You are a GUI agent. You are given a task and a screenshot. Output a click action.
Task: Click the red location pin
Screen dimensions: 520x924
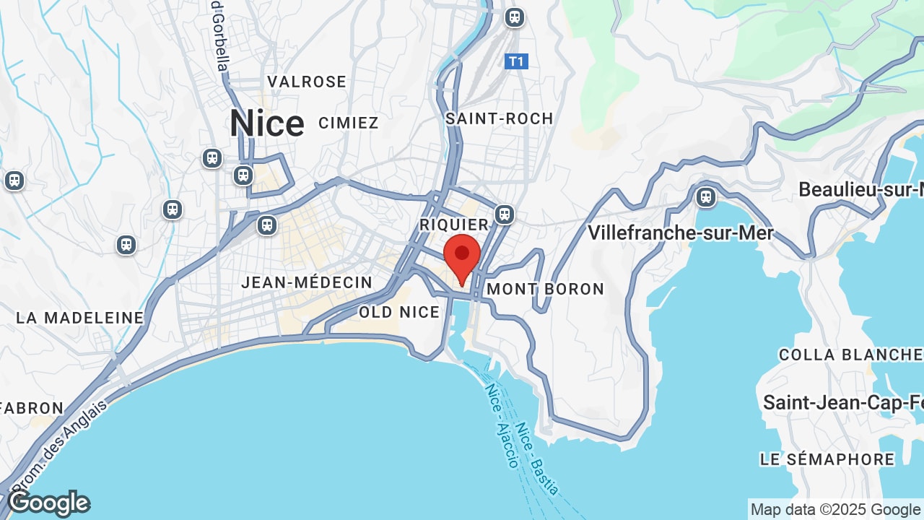click(462, 255)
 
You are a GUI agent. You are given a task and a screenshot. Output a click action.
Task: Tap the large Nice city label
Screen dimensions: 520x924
click(266, 123)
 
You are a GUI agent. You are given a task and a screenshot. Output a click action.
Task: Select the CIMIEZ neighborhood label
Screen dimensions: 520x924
click(349, 123)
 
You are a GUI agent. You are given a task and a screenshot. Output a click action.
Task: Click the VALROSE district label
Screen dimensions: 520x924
click(307, 82)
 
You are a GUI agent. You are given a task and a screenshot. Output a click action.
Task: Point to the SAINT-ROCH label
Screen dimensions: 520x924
click(500, 118)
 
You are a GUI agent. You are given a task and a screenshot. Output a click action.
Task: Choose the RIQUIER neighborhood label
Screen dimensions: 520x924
click(455, 225)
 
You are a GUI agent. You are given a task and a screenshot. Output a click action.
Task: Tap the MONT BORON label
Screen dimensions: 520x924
click(546, 289)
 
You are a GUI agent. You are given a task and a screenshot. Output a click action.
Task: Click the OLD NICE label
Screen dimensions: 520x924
click(399, 312)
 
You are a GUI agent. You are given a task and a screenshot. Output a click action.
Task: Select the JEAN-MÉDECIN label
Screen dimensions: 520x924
click(307, 282)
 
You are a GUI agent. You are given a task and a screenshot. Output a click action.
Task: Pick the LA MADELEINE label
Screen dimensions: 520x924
click(80, 318)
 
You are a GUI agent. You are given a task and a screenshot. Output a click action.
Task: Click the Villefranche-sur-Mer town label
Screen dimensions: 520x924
click(680, 233)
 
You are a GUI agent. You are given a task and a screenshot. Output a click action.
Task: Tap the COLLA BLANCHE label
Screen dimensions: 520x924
click(850, 355)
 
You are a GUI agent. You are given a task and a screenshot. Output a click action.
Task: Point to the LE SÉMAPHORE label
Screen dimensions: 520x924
click(827, 459)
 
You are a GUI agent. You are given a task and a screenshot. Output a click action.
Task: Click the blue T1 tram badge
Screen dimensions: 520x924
click(516, 61)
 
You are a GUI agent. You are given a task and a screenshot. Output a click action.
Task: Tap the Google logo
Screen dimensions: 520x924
click(49, 503)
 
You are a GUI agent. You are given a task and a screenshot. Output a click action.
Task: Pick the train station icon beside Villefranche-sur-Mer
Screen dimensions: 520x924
click(705, 196)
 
